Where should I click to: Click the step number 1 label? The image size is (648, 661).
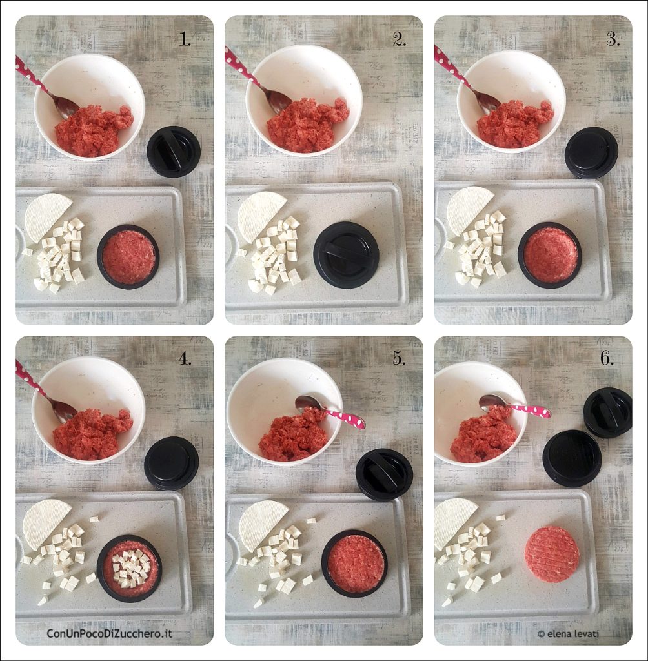coord(185,39)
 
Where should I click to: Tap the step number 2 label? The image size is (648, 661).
coord(400,39)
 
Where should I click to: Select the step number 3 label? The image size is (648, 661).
coord(613,39)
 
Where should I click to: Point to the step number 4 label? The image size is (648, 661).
coord(185,358)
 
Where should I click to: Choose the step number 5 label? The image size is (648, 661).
coord(400,358)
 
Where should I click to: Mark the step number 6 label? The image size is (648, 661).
coord(607,358)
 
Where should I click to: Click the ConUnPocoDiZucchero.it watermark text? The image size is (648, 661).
coord(109,633)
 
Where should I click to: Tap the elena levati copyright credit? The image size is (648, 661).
coord(569,634)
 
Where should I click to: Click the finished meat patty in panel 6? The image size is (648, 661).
coord(552,554)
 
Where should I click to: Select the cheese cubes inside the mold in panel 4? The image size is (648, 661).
coord(130,569)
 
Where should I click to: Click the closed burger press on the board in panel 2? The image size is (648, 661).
coord(346,255)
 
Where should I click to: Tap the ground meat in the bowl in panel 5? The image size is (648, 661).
coord(294,434)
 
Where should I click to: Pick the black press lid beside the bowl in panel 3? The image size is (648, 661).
coord(591,152)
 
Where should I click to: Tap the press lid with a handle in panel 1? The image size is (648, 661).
coord(173,151)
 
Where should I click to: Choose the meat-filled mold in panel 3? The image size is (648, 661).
coord(550,255)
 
